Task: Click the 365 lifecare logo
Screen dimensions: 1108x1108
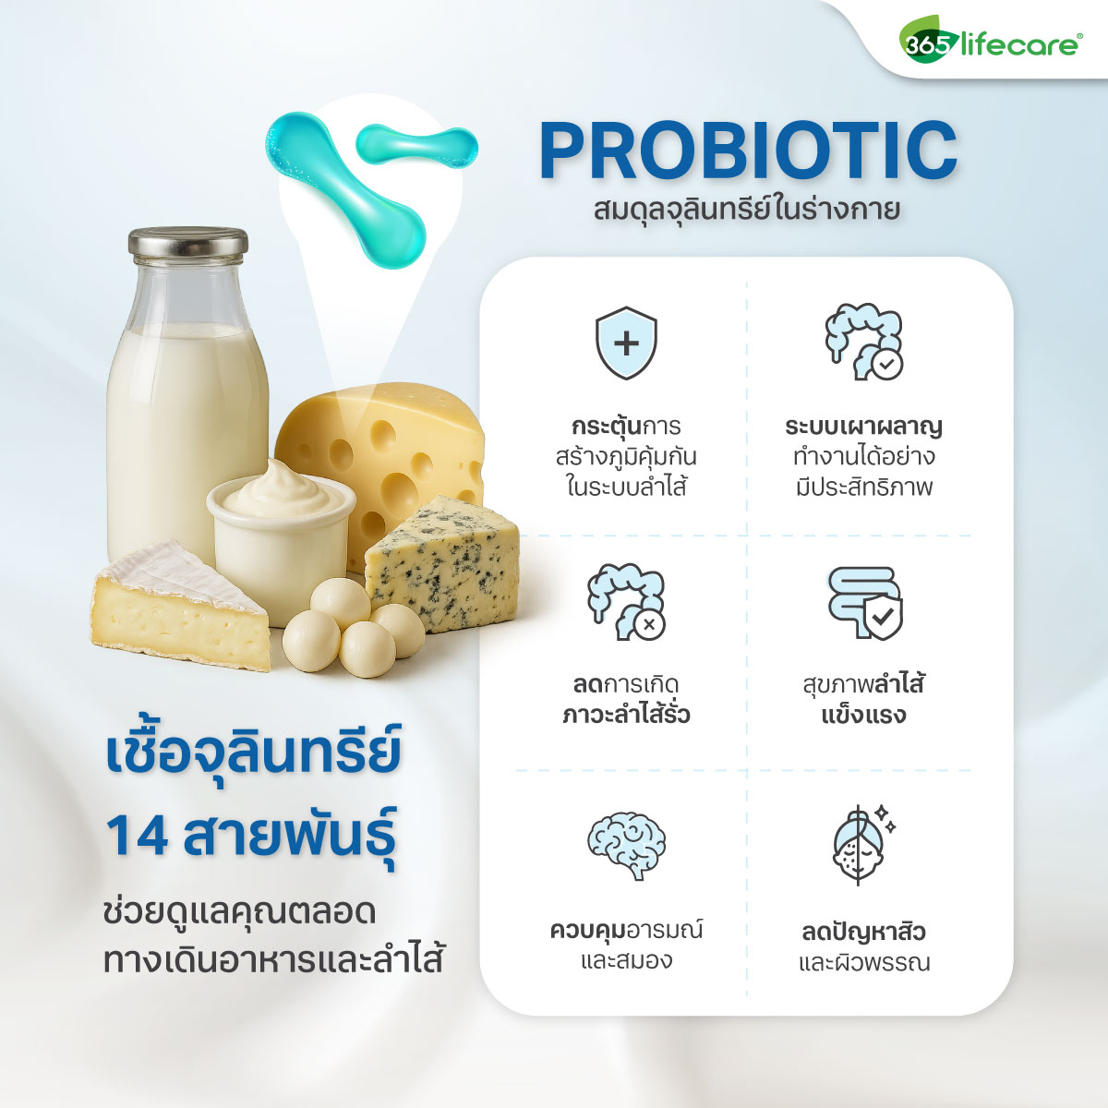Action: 989,42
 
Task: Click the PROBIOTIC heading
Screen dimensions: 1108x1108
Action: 748,150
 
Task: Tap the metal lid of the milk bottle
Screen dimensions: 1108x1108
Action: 187,244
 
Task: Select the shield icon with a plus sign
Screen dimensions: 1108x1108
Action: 626,343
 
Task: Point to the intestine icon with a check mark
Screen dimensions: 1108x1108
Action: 863,342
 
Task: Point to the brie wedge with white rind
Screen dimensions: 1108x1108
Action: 180,605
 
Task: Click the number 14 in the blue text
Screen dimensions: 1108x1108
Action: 137,835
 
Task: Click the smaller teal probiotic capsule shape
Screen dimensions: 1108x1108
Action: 417,146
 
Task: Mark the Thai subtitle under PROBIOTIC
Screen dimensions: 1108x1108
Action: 747,210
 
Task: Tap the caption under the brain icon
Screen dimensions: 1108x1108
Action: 626,945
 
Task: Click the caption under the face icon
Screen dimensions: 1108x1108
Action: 863,946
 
